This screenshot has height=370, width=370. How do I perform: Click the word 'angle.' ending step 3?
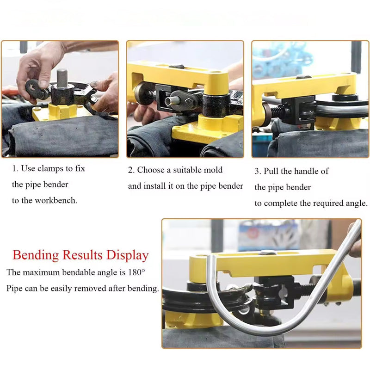(x=356, y=203)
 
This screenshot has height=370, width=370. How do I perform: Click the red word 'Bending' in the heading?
(x=36, y=255)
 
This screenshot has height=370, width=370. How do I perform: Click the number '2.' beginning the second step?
(x=131, y=170)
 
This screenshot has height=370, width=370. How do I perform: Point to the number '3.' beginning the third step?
(x=258, y=171)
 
